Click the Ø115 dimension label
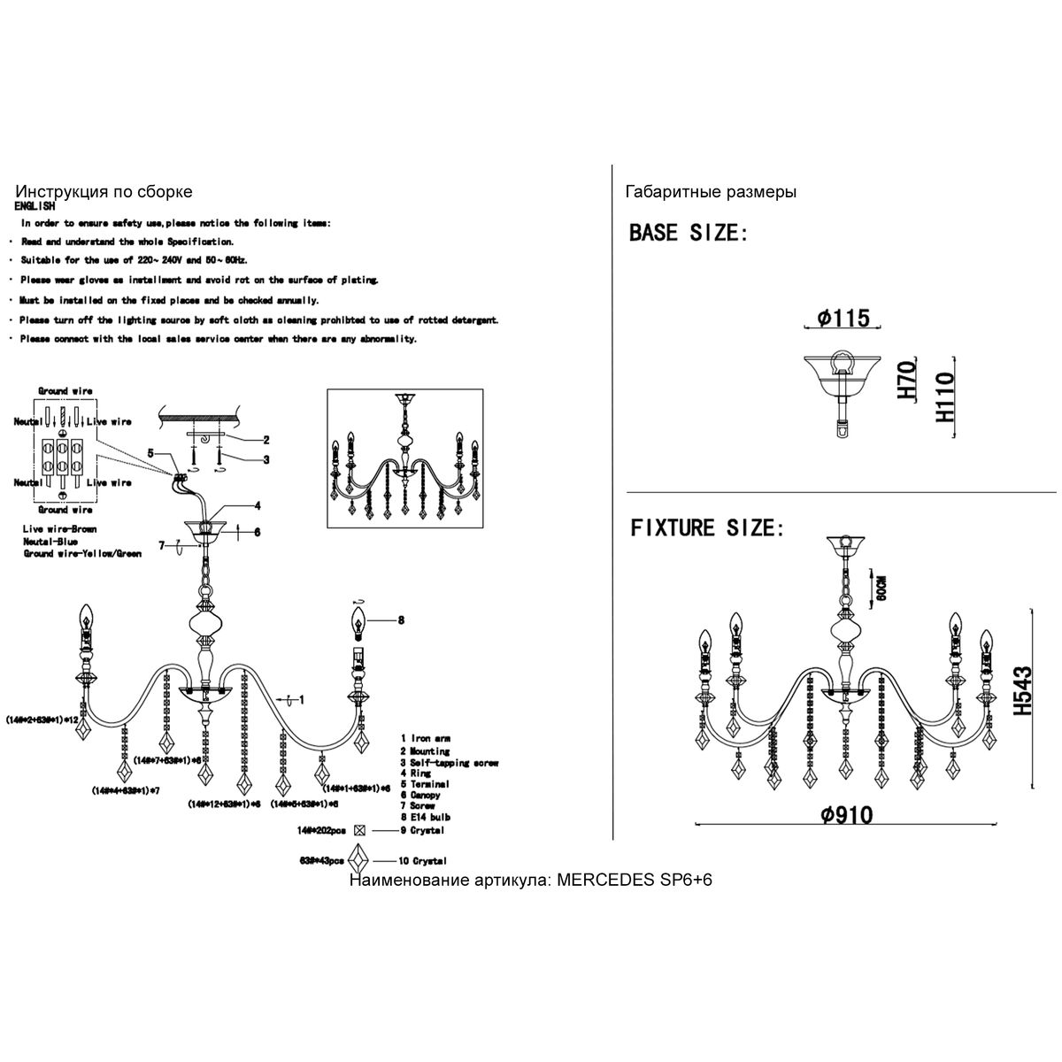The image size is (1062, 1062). pos(844,318)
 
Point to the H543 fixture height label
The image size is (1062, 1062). pos(1025,691)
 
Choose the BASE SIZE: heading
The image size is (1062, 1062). pos(689,234)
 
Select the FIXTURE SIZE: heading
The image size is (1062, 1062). pos(707,528)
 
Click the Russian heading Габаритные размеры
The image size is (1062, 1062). pos(711,192)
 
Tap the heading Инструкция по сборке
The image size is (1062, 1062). pos(104,192)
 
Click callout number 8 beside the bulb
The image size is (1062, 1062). pos(401,621)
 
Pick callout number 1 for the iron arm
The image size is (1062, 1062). pos(302,700)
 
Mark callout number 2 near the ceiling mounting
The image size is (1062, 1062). pos(265,440)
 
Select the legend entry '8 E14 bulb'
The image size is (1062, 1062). pos(427,819)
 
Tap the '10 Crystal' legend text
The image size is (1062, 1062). pos(423,861)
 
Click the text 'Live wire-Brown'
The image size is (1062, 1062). pos(60,529)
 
